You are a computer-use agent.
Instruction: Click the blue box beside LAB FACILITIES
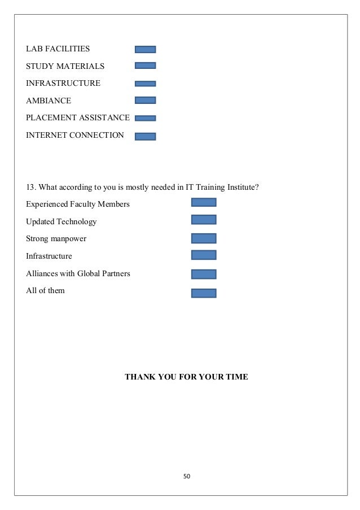tap(146, 50)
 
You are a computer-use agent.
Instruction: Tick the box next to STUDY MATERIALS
tap(146, 66)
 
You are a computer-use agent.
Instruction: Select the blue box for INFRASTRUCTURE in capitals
tap(146, 84)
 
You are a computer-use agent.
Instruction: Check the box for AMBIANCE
tap(146, 101)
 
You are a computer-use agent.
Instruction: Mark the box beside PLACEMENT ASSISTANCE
tap(146, 118)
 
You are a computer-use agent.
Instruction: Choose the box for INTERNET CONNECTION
tap(146, 136)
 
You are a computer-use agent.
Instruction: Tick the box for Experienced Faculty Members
tap(204, 202)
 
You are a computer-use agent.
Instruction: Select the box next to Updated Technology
tap(204, 220)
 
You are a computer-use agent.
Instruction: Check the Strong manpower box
tap(204, 238)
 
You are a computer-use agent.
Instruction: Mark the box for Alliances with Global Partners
tap(204, 274)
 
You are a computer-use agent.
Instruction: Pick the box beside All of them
tap(204, 293)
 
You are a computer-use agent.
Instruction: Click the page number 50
tap(187, 476)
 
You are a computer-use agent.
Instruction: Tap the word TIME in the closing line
tap(236, 376)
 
